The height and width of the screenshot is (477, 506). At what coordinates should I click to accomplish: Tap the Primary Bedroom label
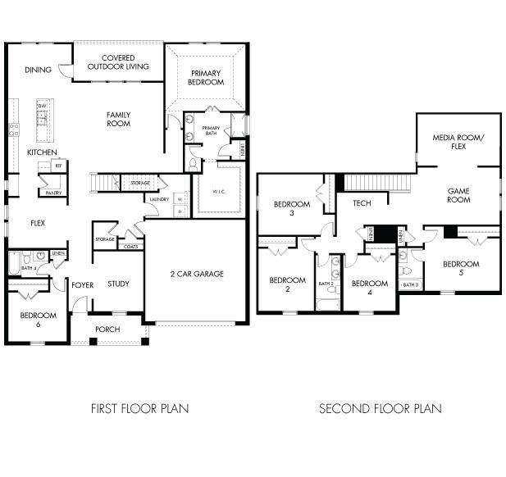click(x=204, y=78)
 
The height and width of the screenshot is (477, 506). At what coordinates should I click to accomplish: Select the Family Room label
click(x=119, y=119)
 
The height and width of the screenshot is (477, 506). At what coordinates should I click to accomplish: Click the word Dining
click(x=38, y=70)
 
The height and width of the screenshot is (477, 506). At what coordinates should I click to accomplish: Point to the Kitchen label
click(x=42, y=153)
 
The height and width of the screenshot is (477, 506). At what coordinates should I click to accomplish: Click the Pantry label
click(x=54, y=193)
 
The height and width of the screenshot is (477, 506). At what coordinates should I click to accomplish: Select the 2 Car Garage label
click(x=197, y=274)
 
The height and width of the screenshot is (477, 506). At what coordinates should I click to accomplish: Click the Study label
click(x=118, y=284)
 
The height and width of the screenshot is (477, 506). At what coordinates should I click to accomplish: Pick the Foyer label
click(x=82, y=285)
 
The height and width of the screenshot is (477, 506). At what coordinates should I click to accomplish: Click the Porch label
click(x=107, y=329)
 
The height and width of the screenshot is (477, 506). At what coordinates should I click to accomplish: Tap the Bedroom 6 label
click(x=38, y=320)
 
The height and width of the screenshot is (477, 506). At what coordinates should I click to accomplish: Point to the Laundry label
click(x=158, y=199)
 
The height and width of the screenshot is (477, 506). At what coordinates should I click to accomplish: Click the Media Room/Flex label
click(x=458, y=143)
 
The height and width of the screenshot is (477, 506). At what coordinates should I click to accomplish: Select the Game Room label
click(x=458, y=195)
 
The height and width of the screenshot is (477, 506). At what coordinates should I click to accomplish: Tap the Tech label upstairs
click(x=362, y=202)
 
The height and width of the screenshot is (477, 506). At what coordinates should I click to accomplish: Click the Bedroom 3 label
click(x=291, y=208)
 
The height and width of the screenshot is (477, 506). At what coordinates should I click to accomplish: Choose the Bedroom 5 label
click(x=461, y=268)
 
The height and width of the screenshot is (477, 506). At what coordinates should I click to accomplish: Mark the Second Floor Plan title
click(x=380, y=408)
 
